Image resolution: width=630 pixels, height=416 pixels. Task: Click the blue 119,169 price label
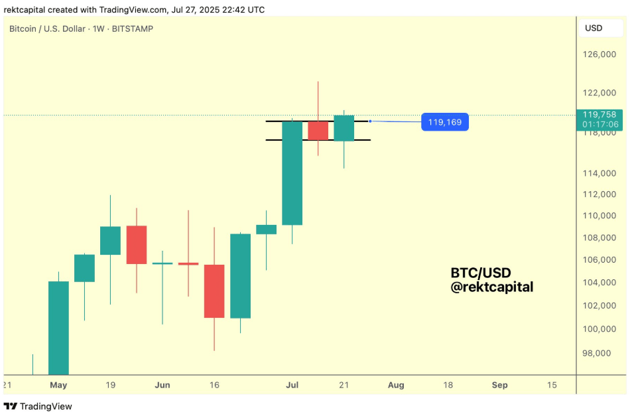pyautogui.click(x=445, y=122)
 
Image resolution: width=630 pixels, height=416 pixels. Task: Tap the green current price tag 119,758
pyautogui.click(x=601, y=114)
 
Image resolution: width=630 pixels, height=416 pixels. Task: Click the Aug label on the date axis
pyautogui.click(x=396, y=385)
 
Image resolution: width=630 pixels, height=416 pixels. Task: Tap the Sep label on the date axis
pyautogui.click(x=499, y=385)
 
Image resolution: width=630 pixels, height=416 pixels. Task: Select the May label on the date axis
pyautogui.click(x=58, y=385)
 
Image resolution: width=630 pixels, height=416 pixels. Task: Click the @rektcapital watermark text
pyautogui.click(x=492, y=287)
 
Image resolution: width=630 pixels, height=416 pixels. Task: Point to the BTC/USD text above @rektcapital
pyautogui.click(x=481, y=273)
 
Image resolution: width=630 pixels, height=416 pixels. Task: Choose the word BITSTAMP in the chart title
pyautogui.click(x=133, y=29)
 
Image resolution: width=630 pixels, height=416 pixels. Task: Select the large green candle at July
pyautogui.click(x=292, y=173)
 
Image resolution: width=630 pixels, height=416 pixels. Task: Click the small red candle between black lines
pyautogui.click(x=318, y=130)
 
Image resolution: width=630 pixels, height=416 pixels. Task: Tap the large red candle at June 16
pyautogui.click(x=214, y=291)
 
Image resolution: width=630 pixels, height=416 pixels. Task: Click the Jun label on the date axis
pyautogui.click(x=162, y=385)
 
